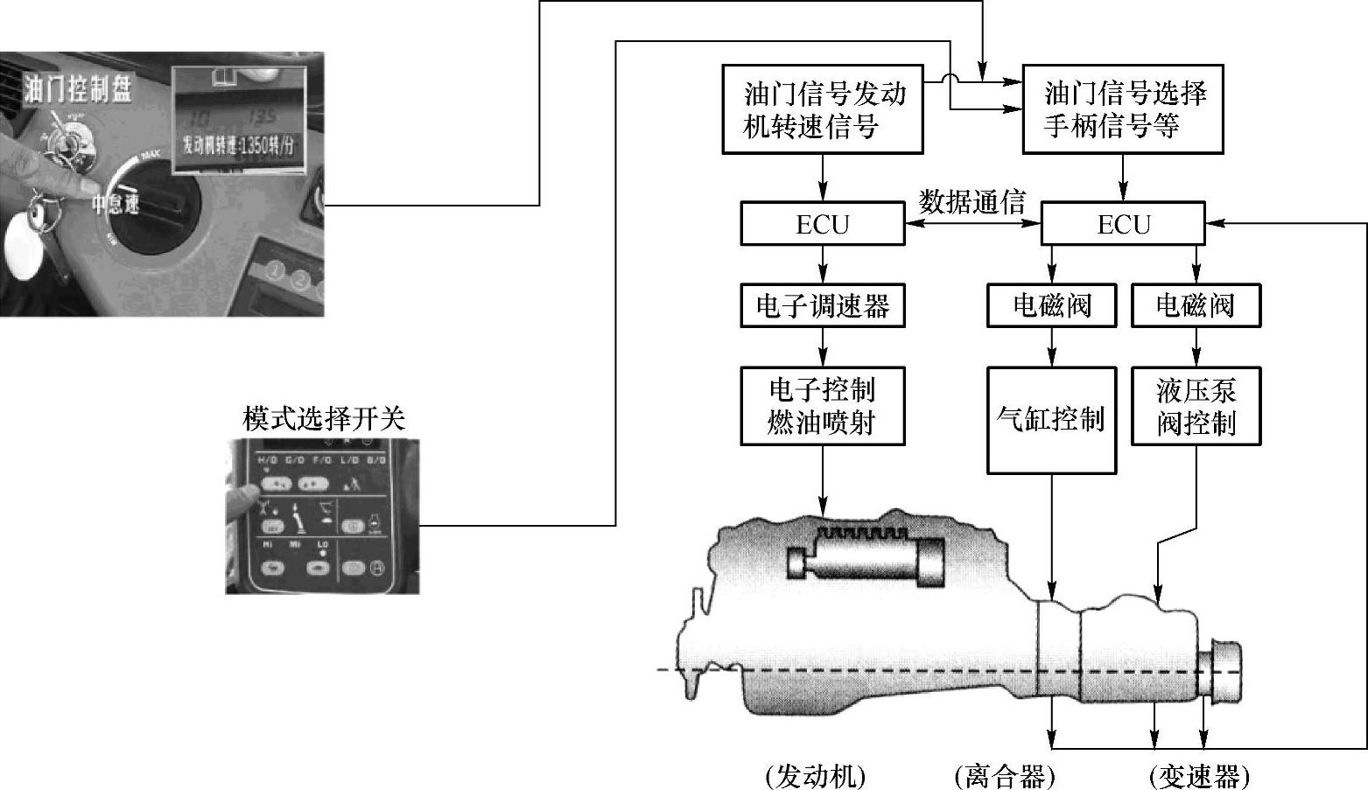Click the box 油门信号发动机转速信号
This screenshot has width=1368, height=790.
[x=822, y=109]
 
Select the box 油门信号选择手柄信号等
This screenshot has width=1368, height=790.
[x=1123, y=109]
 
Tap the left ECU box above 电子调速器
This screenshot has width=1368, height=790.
[x=822, y=224]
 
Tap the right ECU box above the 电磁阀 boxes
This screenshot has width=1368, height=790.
[x=1122, y=224]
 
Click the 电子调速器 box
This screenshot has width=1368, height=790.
[x=822, y=305]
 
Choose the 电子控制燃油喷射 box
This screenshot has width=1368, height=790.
[x=822, y=406]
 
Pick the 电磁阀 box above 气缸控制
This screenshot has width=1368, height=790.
[x=1051, y=305]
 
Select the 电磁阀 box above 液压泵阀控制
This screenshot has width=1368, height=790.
[x=1196, y=305]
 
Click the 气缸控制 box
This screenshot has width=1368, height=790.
[x=1051, y=420]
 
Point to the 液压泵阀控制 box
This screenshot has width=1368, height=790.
[x=1196, y=406]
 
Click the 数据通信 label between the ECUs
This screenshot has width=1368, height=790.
[x=972, y=202]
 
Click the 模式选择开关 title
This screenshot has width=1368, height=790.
[x=324, y=419]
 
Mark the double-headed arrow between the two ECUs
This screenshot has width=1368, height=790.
[x=972, y=225]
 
